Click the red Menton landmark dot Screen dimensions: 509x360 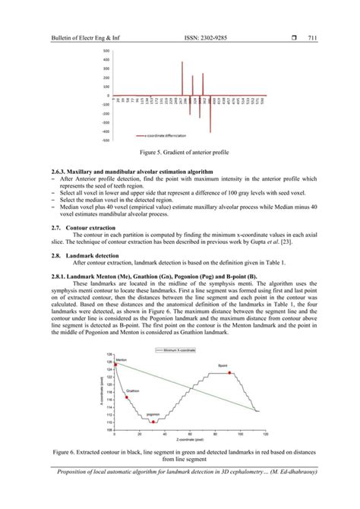tap(116, 365)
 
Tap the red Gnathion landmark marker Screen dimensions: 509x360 tap(127, 397)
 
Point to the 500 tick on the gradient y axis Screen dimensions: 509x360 tap(107, 51)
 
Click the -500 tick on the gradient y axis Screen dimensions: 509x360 tap(106, 141)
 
